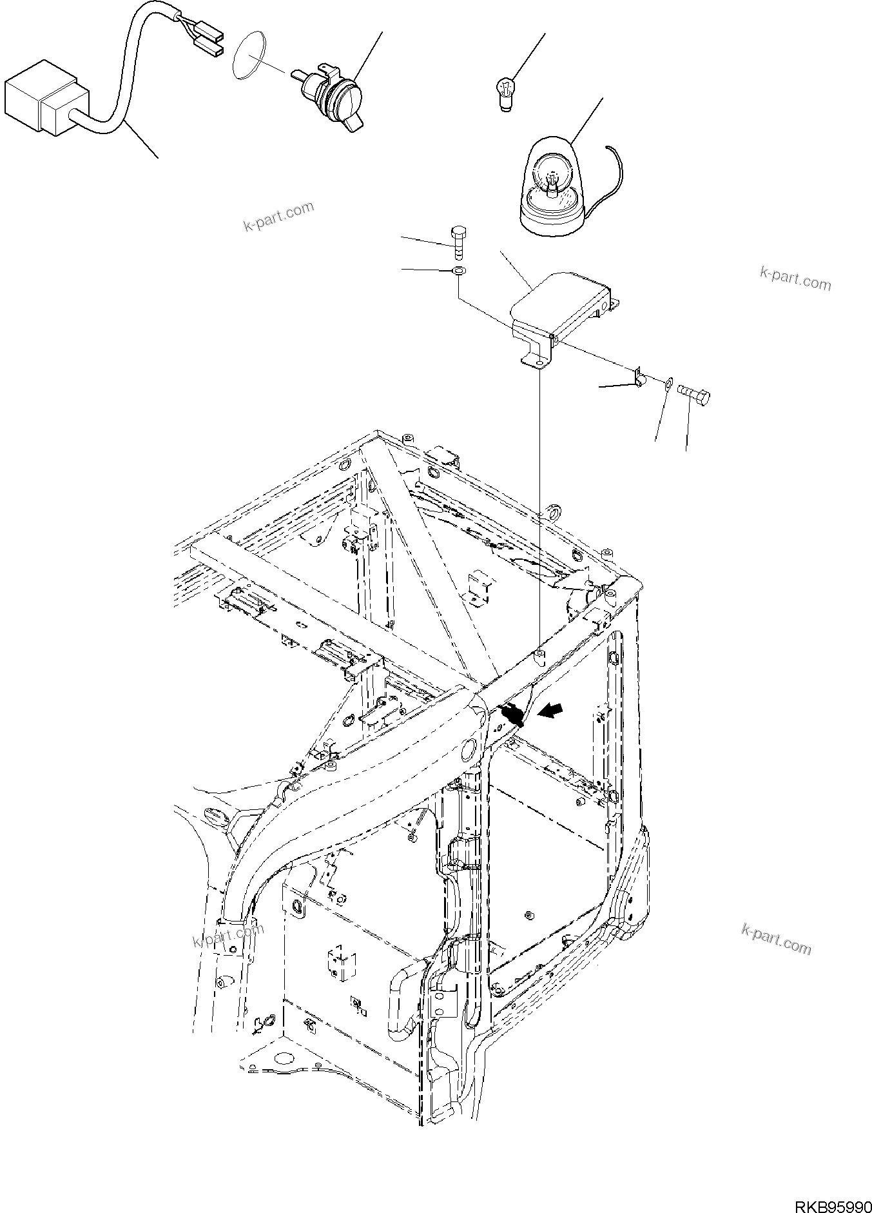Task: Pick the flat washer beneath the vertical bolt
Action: click(458, 271)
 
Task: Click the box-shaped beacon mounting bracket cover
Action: click(561, 303)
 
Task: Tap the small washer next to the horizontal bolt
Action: click(669, 384)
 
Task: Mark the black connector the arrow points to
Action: click(512, 715)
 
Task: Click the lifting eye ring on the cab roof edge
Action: click(551, 513)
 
